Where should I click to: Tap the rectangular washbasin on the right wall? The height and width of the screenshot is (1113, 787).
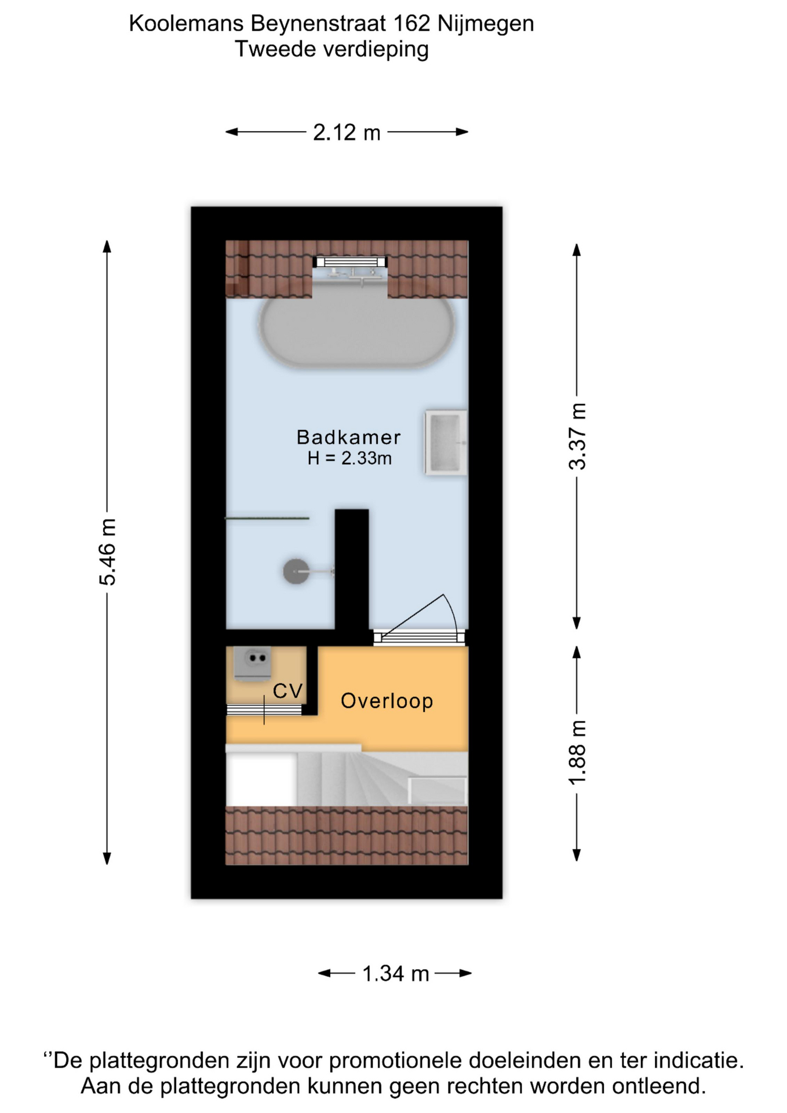pyautogui.click(x=446, y=443)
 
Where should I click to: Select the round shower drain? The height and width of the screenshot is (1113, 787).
pyautogui.click(x=296, y=572)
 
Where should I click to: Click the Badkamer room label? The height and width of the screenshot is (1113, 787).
pyautogui.click(x=349, y=437)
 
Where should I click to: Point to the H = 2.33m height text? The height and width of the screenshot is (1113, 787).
pyautogui.click(x=349, y=459)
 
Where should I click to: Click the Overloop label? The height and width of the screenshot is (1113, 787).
pyautogui.click(x=387, y=701)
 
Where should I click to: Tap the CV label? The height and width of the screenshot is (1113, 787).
pyautogui.click(x=288, y=691)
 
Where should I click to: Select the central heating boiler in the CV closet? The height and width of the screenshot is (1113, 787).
pyautogui.click(x=253, y=663)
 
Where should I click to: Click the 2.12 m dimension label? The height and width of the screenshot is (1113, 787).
pyautogui.click(x=347, y=133)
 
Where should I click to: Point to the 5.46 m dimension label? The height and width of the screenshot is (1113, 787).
pyautogui.click(x=108, y=552)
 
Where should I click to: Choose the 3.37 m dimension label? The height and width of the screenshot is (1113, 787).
pyautogui.click(x=578, y=437)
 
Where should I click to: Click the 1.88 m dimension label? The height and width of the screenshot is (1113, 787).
pyautogui.click(x=578, y=752)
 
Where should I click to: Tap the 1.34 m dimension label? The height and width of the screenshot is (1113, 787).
pyautogui.click(x=396, y=974)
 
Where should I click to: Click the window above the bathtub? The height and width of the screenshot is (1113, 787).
pyautogui.click(x=350, y=261)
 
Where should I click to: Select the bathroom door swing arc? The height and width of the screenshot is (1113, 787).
pyautogui.click(x=451, y=613)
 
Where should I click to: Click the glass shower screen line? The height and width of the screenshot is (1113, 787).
pyautogui.click(x=267, y=518)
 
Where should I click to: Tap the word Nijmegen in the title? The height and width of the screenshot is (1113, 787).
pyautogui.click(x=486, y=24)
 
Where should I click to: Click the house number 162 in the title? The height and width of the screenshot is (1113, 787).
pyautogui.click(x=411, y=24)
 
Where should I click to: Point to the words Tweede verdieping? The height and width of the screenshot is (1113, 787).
pyautogui.click(x=331, y=49)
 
